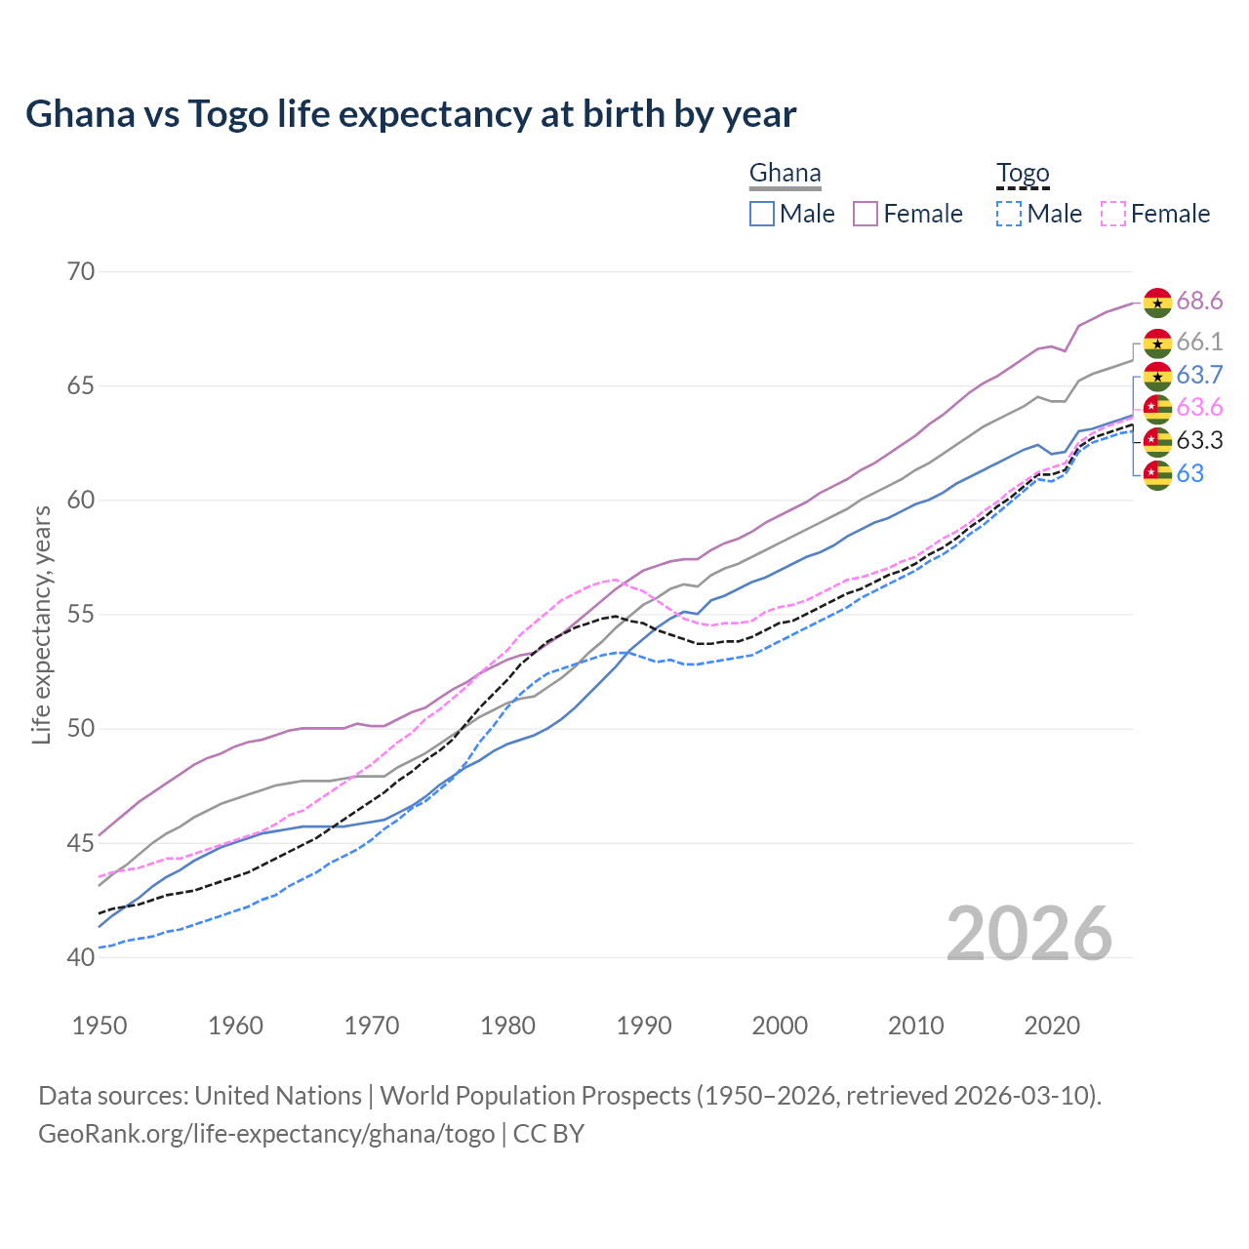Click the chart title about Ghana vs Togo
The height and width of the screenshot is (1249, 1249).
pos(411,114)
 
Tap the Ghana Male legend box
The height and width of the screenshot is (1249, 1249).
pos(762,214)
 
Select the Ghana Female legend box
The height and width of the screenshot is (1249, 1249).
pos(866,214)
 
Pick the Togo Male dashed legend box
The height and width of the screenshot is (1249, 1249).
pos(1009,214)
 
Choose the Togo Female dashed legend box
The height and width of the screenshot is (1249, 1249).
pos(1113,214)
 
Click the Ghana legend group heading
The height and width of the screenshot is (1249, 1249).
pos(785,174)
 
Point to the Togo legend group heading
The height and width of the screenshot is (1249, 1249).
pos(1023,174)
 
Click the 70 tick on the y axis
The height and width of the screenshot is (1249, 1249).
pos(81,271)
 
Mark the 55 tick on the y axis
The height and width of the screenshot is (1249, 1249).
pos(81,615)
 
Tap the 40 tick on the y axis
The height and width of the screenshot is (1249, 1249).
pos(81,957)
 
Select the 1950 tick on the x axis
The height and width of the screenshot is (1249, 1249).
pos(100,1026)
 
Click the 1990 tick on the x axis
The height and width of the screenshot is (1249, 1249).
pos(644,1026)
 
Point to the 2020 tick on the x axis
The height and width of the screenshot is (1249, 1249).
pos(1052,1026)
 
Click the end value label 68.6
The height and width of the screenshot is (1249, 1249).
pos(1199,301)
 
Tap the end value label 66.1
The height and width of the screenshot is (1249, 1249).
pos(1199,342)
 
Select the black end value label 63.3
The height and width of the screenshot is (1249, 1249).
pos(1199,440)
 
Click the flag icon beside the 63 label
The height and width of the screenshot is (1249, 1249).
pos(1157,474)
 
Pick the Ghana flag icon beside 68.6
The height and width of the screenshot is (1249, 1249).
pos(1157,302)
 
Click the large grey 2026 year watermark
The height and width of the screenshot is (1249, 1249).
pos(1028,934)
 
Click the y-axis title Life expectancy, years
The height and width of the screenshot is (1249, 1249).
pos(42,624)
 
